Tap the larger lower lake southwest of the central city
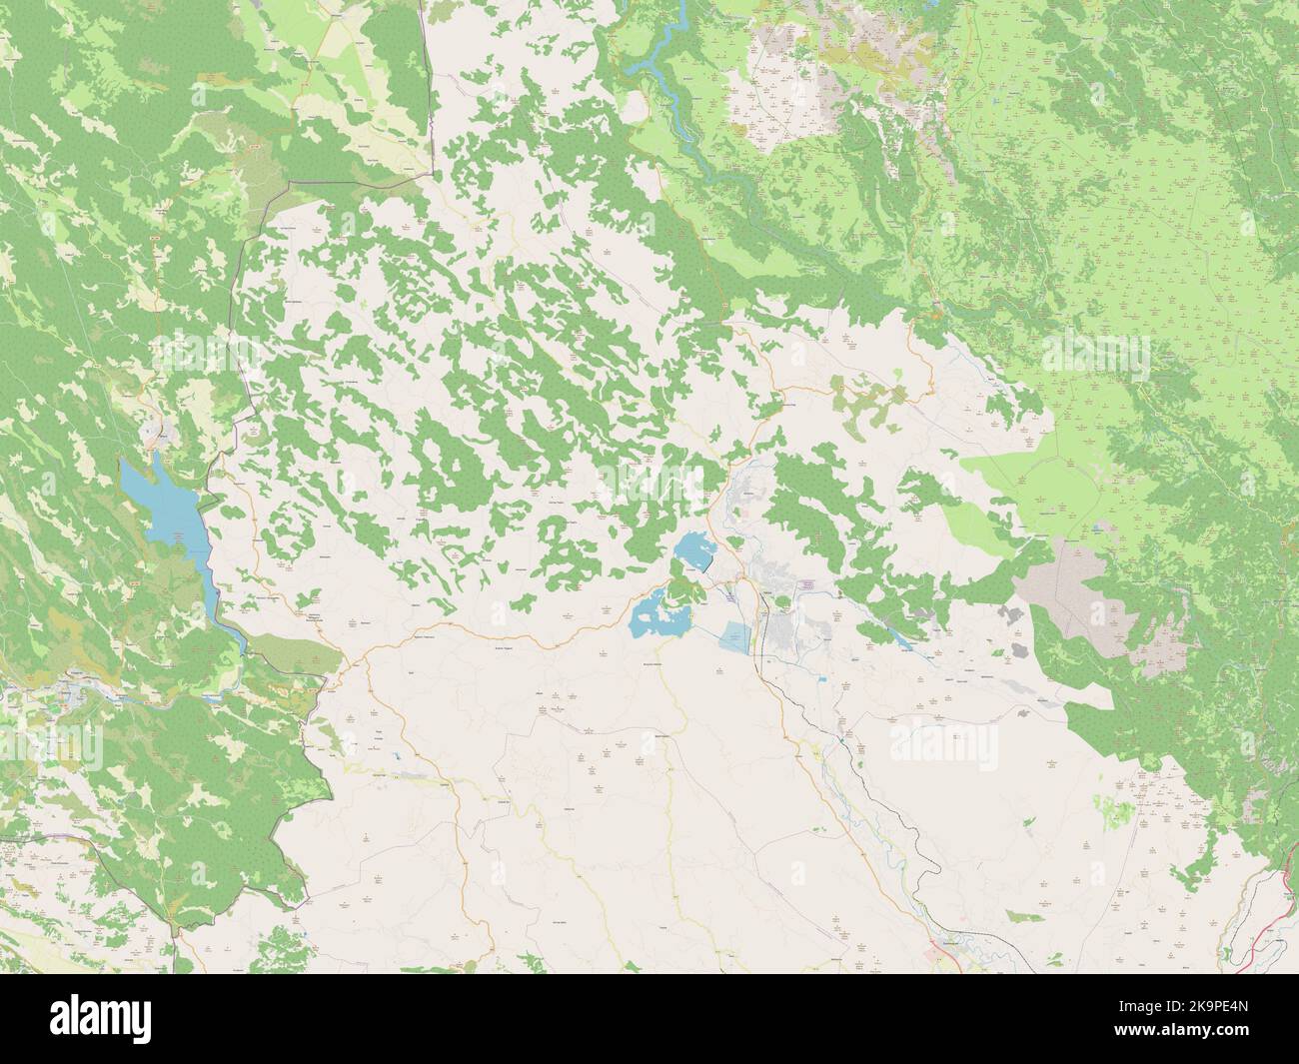(653, 611)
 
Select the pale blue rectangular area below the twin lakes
(735, 637)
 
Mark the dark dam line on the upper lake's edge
(705, 565)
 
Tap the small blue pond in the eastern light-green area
(1098, 525)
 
